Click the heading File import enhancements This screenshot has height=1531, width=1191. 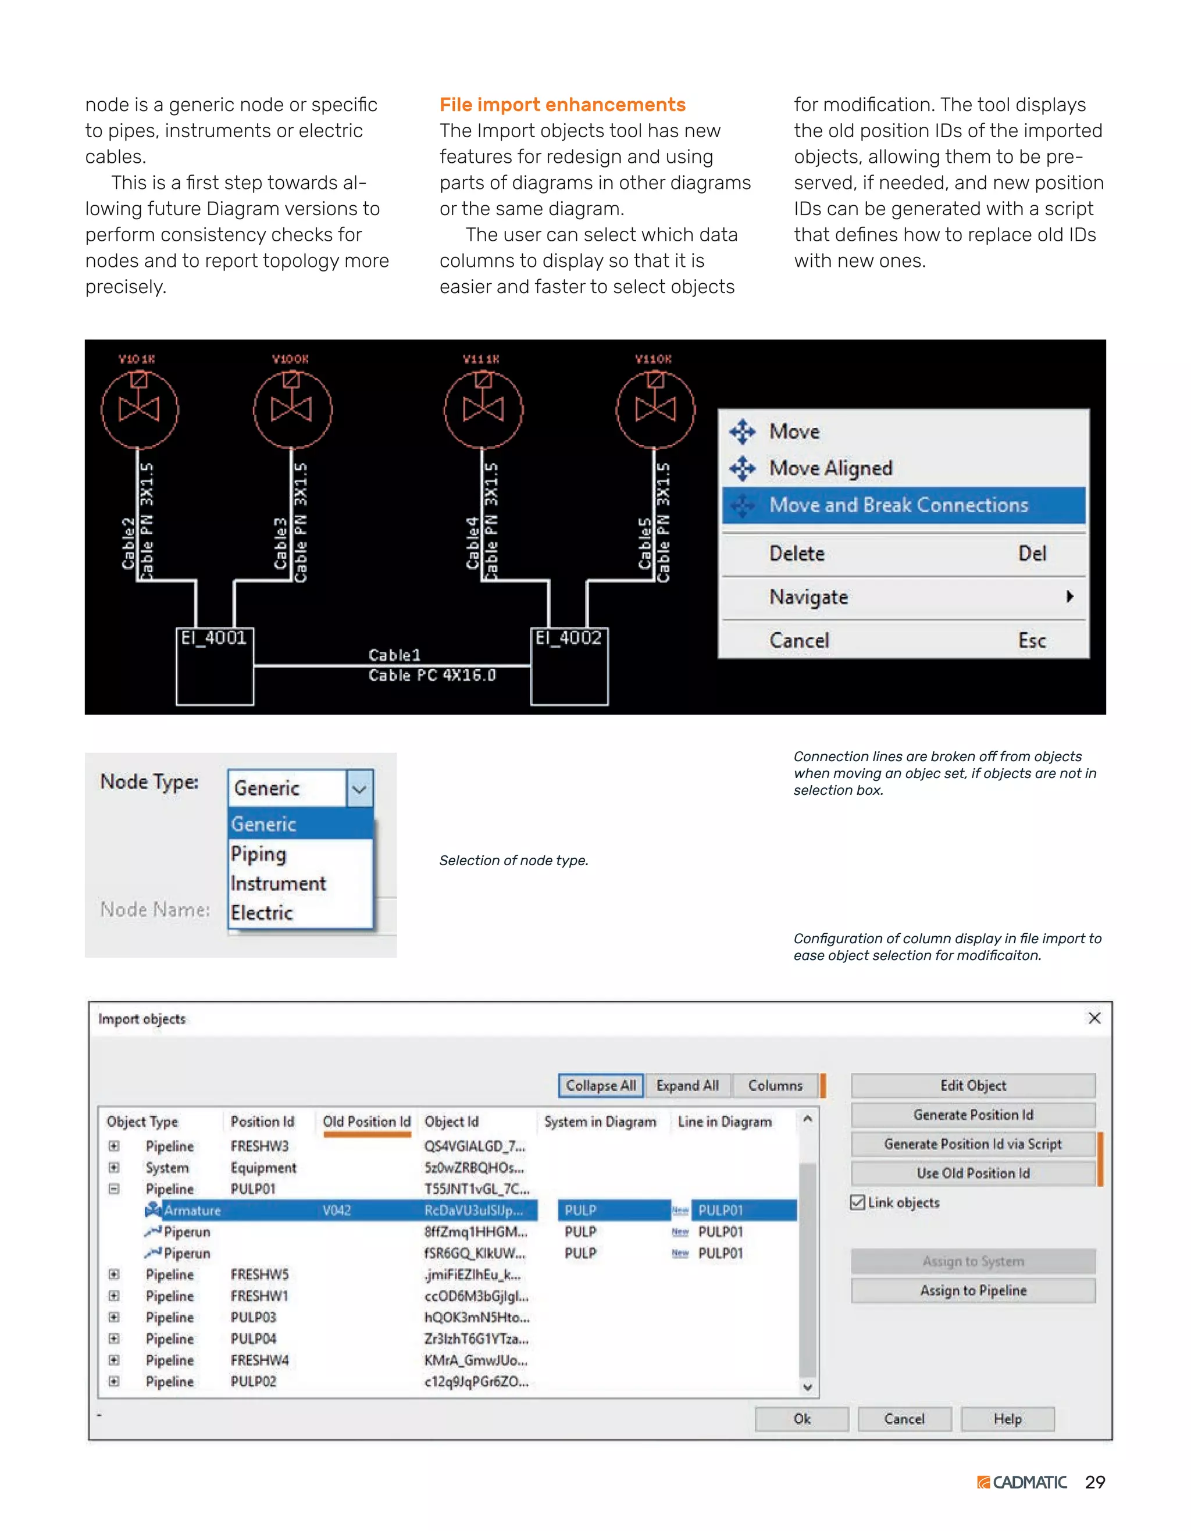click(x=562, y=105)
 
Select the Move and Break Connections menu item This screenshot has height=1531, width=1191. click(x=898, y=505)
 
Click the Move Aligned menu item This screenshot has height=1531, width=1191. click(x=830, y=467)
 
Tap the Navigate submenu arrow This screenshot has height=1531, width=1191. click(x=1069, y=597)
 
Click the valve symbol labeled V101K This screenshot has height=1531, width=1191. click(x=140, y=409)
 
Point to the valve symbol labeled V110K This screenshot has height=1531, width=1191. click(x=655, y=409)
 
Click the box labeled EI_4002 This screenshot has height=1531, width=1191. click(x=569, y=666)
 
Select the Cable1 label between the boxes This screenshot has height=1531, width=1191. click(x=395, y=655)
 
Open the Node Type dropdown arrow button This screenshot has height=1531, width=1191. click(x=359, y=788)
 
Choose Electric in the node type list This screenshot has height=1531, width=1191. click(x=262, y=913)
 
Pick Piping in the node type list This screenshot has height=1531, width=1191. click(x=259, y=854)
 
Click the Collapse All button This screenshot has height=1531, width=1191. click(x=601, y=1085)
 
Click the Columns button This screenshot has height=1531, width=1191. click(x=775, y=1085)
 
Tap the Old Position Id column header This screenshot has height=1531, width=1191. click(x=366, y=1122)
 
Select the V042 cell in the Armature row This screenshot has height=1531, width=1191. click(x=337, y=1210)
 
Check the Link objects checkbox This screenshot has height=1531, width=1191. click(x=857, y=1202)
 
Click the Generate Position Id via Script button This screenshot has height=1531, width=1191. click(x=972, y=1144)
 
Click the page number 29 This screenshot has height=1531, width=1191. click(x=1094, y=1482)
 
